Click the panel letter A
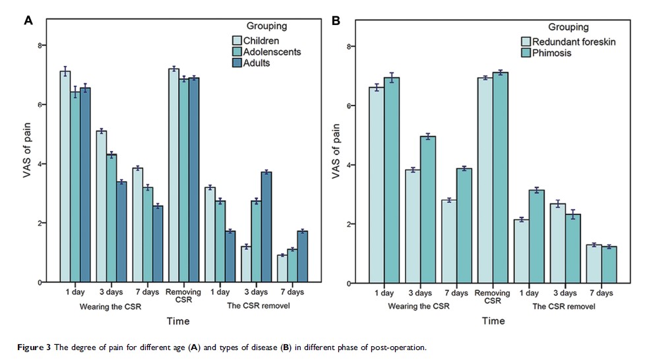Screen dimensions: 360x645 coord(28,20)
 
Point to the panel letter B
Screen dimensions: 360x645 coord(336,20)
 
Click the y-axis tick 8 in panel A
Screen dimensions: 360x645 coord(40,45)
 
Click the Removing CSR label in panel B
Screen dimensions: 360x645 coord(493,295)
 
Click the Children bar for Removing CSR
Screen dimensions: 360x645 coord(173,175)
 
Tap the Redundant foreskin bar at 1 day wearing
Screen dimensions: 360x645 coord(375,185)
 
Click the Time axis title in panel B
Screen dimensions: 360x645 coord(493,321)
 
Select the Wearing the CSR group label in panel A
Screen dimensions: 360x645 coord(110,307)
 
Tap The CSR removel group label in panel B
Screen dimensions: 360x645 coord(565,307)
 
